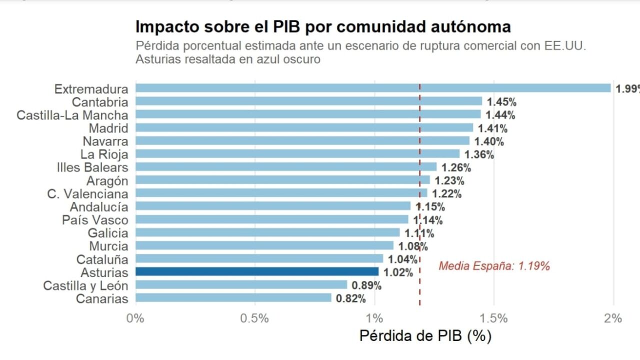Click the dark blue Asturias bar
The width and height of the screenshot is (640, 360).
coord(257,271)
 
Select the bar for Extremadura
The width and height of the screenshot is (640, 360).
coord(373,88)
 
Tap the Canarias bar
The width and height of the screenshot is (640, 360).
coord(233,298)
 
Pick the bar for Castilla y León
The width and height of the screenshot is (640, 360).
coord(241,285)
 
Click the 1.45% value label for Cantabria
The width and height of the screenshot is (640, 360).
coord(501,102)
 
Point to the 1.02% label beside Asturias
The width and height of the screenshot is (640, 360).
coord(398,272)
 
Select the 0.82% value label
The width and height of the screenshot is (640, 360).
coord(350,299)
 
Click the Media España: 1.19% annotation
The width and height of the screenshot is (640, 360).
coord(494,266)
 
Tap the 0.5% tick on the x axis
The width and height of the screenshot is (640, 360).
coord(254,318)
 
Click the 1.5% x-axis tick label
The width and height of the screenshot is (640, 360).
coord(493,318)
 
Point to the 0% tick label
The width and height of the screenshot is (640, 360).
coord(134,318)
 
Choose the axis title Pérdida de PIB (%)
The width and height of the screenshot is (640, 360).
coord(425,336)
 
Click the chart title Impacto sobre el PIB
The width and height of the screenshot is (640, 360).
coord(323,26)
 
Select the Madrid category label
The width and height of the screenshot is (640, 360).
coord(108,128)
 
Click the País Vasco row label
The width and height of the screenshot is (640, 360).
coord(95,220)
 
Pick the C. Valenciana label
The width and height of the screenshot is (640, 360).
coord(87,194)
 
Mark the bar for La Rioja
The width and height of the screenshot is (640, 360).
coord(297,153)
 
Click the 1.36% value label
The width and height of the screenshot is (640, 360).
coord(479,154)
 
